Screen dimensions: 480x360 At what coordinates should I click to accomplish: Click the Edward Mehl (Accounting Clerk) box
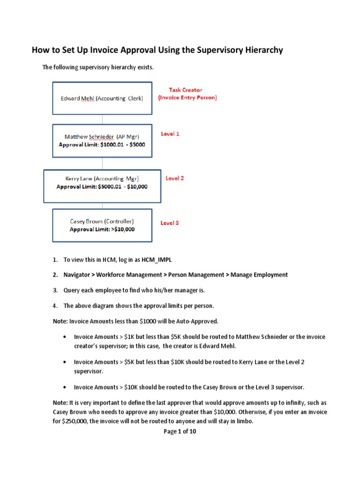[102, 98]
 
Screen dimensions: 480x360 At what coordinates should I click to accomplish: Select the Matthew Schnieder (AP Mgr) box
[102, 140]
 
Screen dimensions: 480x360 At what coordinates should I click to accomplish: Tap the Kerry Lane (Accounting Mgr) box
[102, 186]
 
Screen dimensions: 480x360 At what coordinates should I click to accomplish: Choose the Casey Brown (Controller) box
[102, 225]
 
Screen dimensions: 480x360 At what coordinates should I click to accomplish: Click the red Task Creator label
[186, 90]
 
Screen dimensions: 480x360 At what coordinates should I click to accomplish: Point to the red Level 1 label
[170, 134]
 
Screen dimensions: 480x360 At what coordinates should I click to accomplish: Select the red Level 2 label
[175, 179]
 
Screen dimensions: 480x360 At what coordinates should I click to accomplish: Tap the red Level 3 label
[170, 223]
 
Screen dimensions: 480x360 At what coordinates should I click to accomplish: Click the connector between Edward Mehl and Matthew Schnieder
[102, 119]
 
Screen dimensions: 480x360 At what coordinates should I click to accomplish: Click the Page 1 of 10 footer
[180, 432]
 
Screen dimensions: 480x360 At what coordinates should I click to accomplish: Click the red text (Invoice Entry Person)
[187, 98]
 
